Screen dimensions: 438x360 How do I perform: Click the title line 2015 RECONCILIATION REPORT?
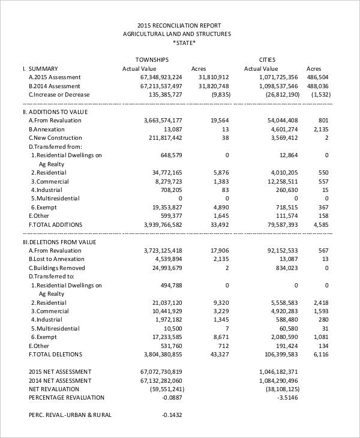[179, 25]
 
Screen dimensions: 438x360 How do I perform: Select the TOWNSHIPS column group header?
[151, 60]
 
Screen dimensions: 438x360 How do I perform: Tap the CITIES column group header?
[267, 60]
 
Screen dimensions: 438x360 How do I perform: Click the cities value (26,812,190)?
[277, 95]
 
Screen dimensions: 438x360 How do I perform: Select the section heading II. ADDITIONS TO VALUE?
[55, 112]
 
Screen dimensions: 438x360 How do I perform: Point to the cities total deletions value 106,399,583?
[277, 354]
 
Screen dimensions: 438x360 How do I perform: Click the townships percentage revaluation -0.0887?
[172, 397]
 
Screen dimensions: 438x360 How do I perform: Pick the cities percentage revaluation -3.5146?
[287, 397]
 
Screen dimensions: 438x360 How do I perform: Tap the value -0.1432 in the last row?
[172, 415]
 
